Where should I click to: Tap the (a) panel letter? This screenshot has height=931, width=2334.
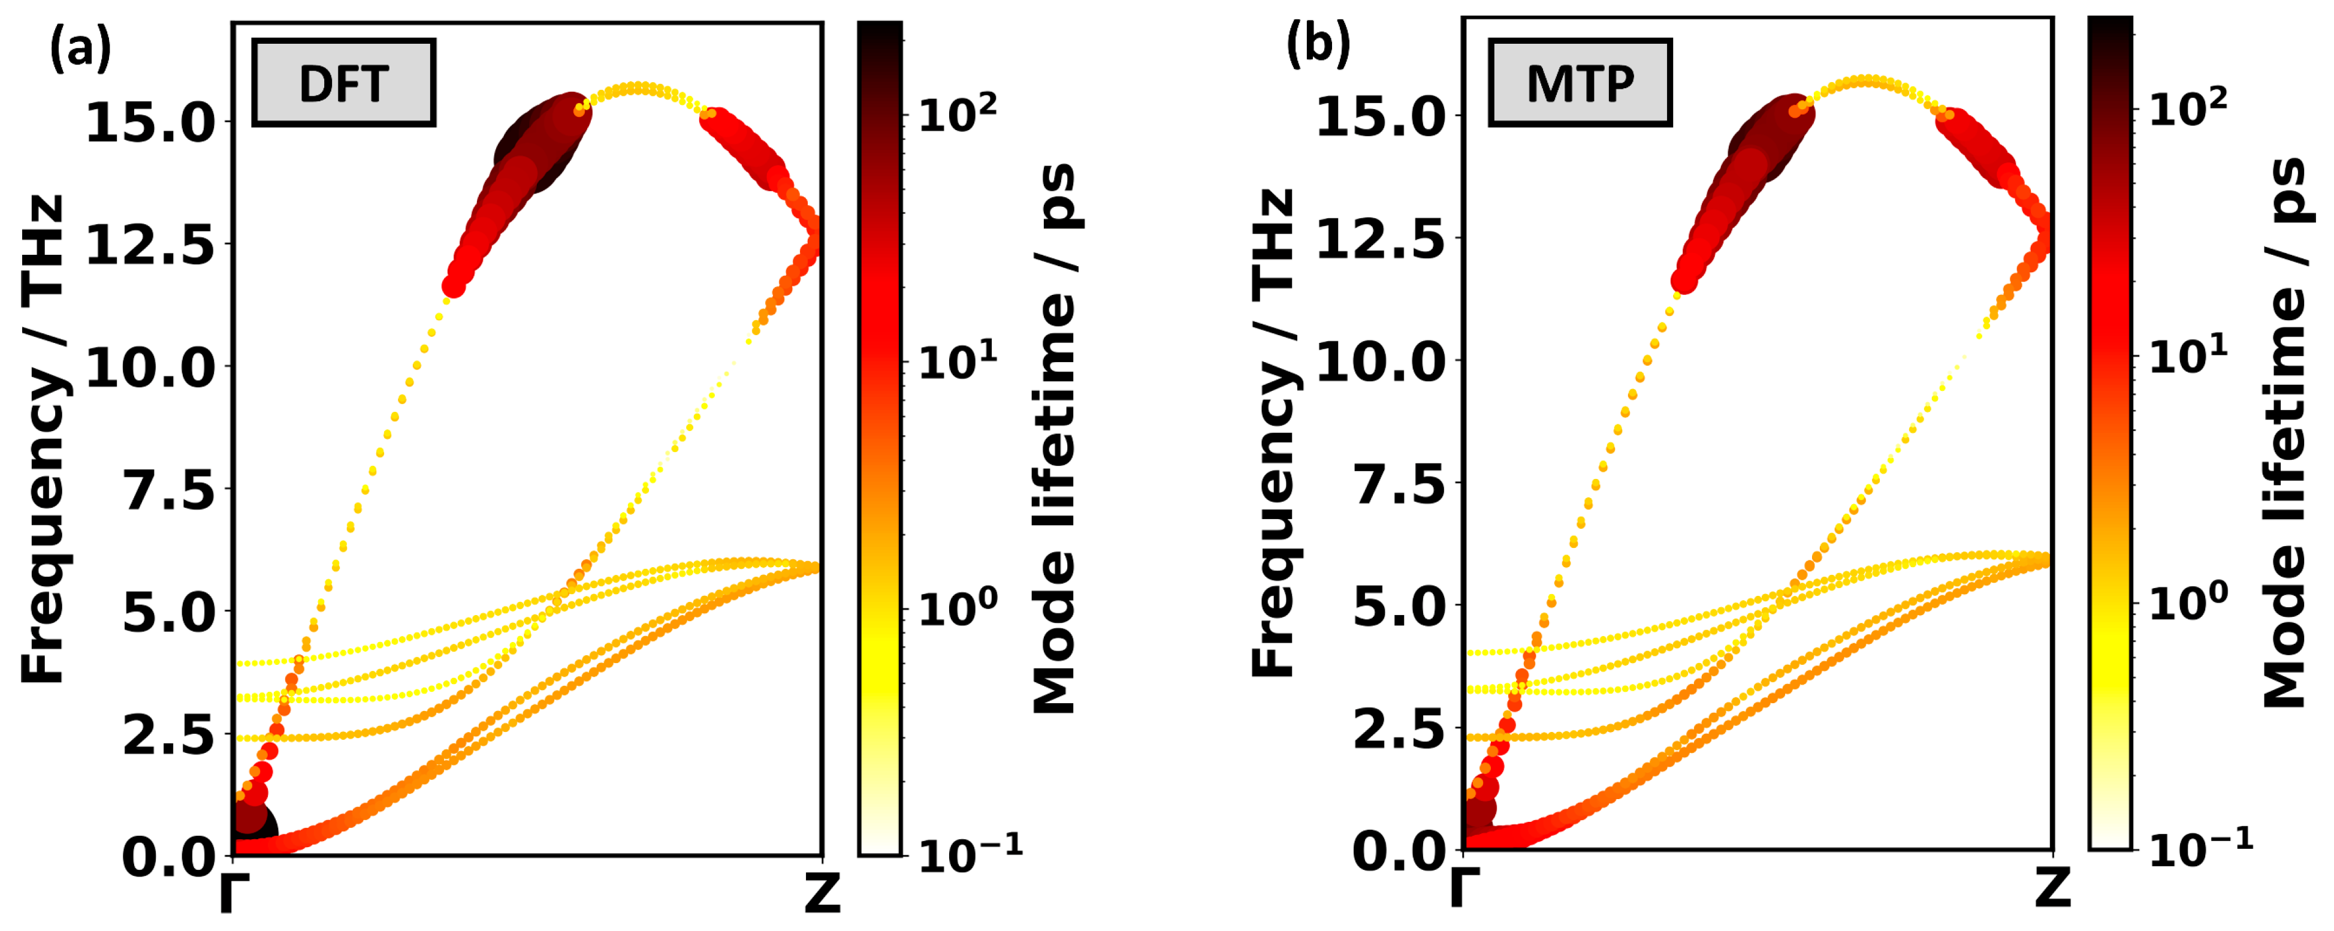pyautogui.click(x=80, y=47)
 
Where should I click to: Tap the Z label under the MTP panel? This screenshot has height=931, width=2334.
pyautogui.click(x=2052, y=889)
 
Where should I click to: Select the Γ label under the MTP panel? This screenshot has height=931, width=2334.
pyautogui.click(x=1465, y=889)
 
